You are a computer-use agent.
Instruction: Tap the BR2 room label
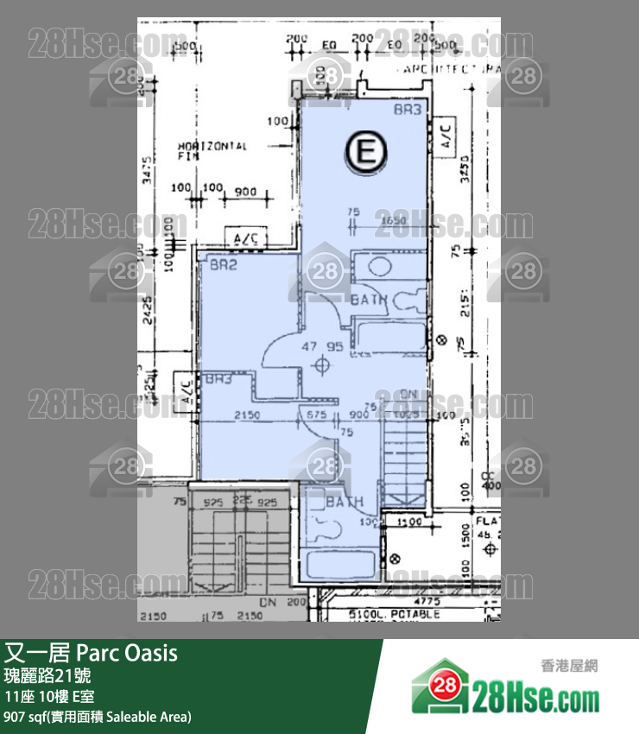223,266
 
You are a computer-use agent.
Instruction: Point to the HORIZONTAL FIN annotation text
212,151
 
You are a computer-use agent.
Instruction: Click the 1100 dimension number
410,522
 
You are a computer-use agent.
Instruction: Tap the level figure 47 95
322,346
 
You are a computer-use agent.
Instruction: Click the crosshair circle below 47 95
322,365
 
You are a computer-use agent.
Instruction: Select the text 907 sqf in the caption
26,716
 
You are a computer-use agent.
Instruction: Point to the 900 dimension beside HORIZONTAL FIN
245,190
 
